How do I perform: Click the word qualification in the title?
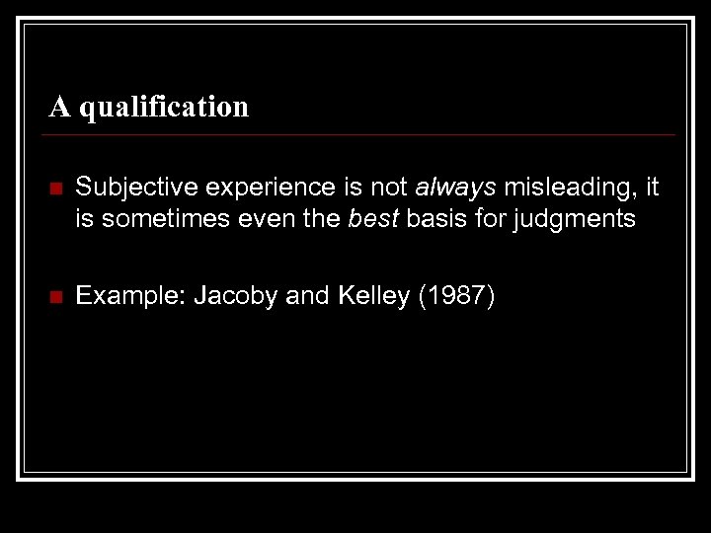(x=164, y=107)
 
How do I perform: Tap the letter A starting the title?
(x=60, y=106)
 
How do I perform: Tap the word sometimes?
(x=150, y=218)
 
